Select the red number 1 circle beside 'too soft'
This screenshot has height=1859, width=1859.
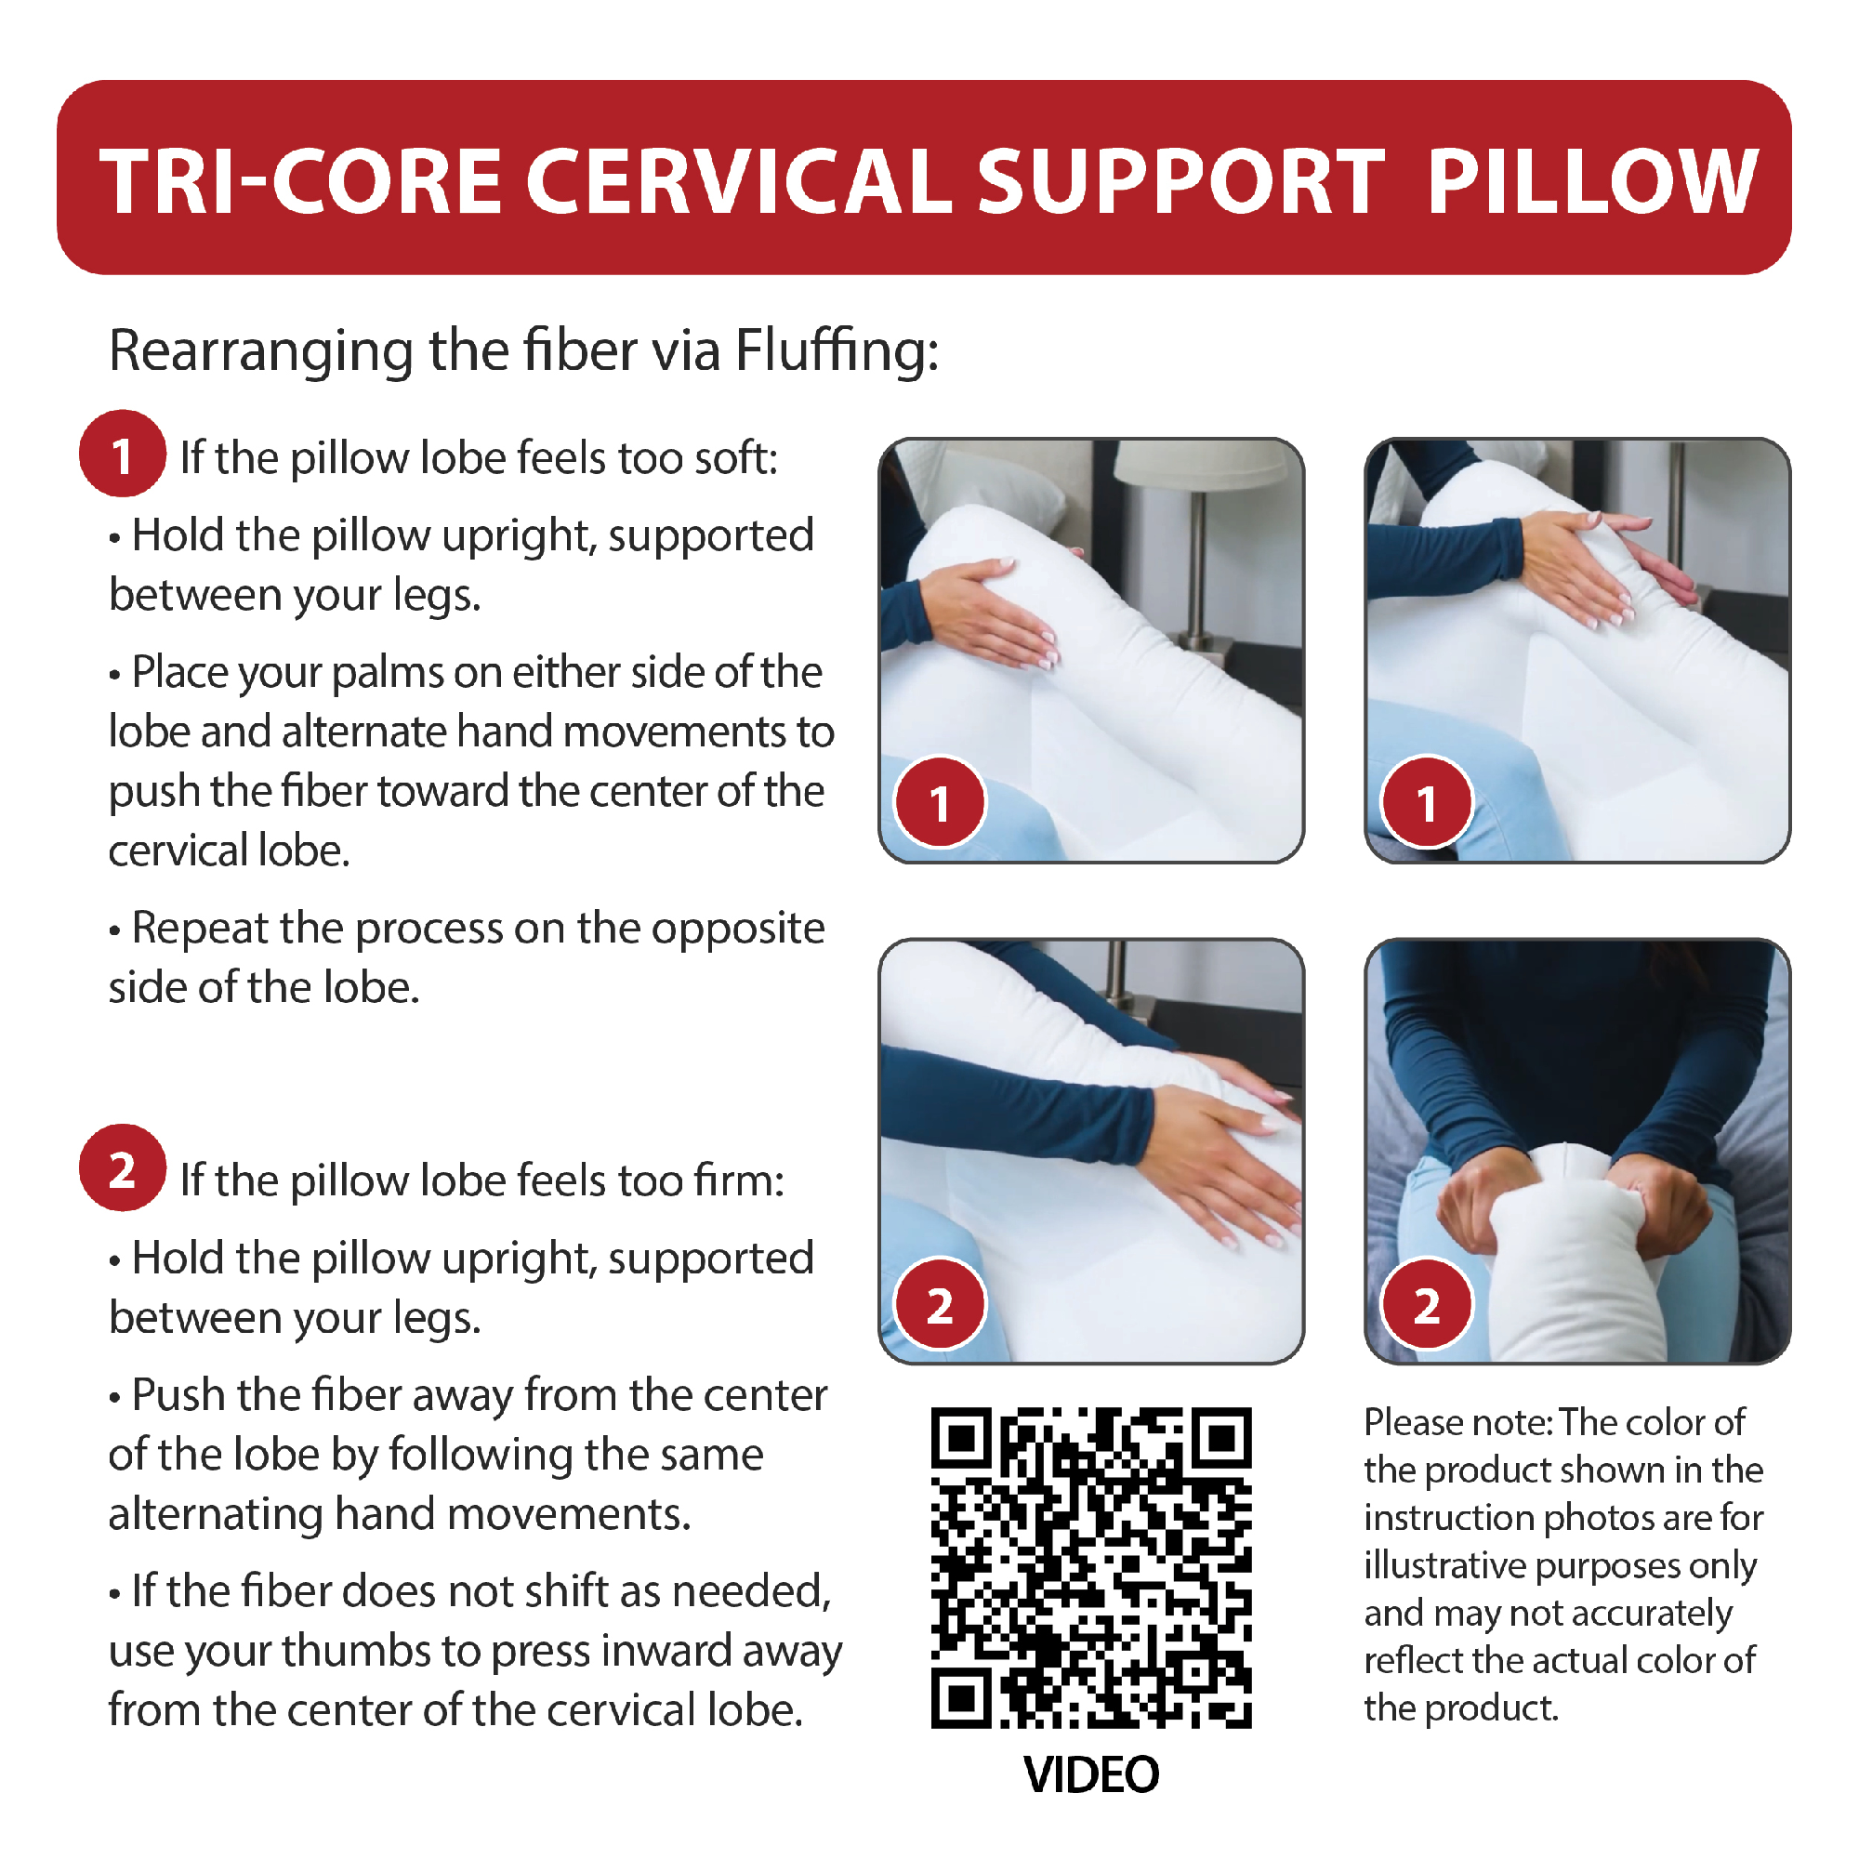[x=122, y=455]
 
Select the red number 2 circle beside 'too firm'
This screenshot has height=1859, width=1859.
[x=122, y=1168]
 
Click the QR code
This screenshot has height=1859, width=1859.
[x=1091, y=1567]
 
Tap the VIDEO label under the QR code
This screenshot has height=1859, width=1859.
[x=1091, y=1774]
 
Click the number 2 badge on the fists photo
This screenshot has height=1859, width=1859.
[x=1426, y=1305]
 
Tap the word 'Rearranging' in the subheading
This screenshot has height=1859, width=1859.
[x=261, y=351]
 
